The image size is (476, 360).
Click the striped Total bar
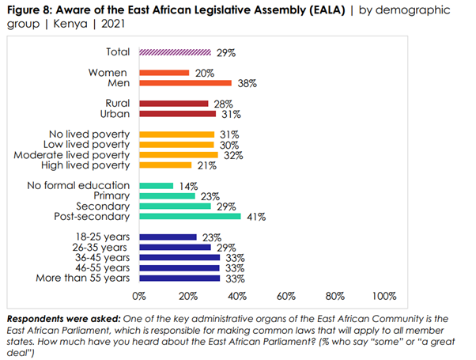pos(175,52)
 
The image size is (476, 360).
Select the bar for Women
pos(164,73)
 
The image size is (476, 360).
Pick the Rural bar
pos(173,104)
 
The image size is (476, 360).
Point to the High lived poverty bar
pos(164,165)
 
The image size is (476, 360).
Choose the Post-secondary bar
pos(190,216)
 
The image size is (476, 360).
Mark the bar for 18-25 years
pos(168,237)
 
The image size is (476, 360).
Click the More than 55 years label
pos(84,278)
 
